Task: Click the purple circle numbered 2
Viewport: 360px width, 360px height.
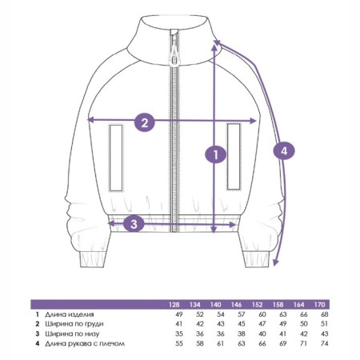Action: click(x=144, y=122)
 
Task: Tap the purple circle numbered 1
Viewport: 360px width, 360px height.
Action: click(x=215, y=154)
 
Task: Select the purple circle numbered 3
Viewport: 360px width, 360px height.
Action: click(x=134, y=224)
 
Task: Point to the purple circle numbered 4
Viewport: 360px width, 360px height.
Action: click(x=284, y=151)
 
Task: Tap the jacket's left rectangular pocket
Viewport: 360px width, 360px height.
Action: click(x=116, y=158)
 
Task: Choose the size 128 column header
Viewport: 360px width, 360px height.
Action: click(x=174, y=305)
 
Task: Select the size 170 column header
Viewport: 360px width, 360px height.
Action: click(x=319, y=305)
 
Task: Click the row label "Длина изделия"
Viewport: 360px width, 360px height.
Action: click(x=70, y=314)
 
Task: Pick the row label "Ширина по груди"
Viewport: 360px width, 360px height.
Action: click(x=74, y=324)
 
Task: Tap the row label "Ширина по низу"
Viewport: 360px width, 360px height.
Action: click(x=72, y=334)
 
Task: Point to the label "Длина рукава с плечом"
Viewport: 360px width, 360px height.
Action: click(x=85, y=343)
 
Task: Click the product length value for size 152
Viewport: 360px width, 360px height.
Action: click(x=262, y=314)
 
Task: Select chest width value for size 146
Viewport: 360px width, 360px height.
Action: click(x=242, y=324)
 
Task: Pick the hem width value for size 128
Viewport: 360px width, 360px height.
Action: click(x=179, y=334)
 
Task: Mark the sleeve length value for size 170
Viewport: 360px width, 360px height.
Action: click(x=325, y=343)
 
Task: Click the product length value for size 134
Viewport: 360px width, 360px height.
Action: click(x=200, y=314)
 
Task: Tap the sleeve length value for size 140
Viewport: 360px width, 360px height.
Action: click(x=220, y=343)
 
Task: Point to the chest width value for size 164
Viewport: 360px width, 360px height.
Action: click(x=304, y=324)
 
